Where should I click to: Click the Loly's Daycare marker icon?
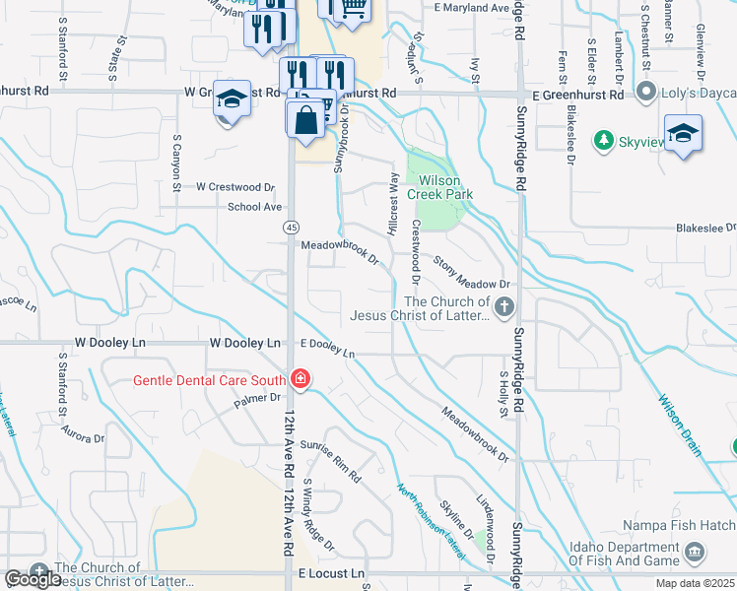(x=646, y=94)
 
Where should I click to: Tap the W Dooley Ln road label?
(x=245, y=343)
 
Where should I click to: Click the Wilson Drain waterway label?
(x=680, y=427)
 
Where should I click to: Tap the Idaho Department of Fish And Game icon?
(x=696, y=552)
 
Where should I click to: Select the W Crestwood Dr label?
(x=234, y=186)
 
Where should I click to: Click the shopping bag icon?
(x=306, y=119)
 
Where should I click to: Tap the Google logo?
(x=33, y=580)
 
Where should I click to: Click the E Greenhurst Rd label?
(x=578, y=96)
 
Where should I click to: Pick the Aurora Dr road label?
(x=82, y=434)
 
